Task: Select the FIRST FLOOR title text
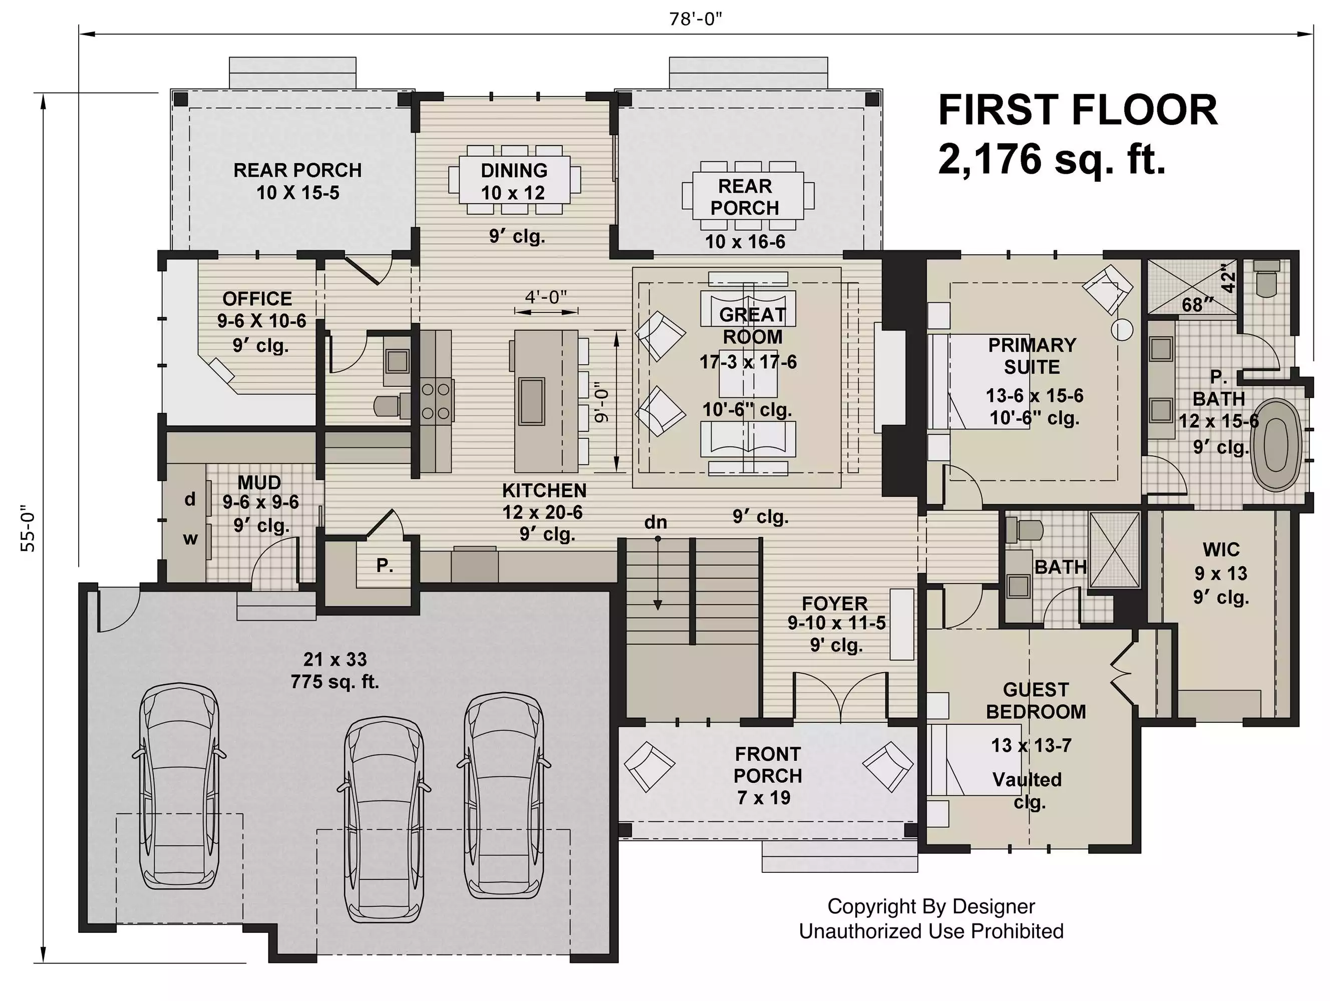(1078, 111)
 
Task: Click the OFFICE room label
(257, 299)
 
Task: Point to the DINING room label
(514, 171)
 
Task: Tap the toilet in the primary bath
(1267, 278)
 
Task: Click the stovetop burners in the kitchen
(436, 401)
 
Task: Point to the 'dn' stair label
(655, 523)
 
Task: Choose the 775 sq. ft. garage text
(335, 683)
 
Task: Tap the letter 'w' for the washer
(190, 539)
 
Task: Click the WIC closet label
(1221, 549)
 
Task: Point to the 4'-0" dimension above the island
(546, 297)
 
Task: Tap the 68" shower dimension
(1198, 305)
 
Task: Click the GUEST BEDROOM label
(1036, 701)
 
